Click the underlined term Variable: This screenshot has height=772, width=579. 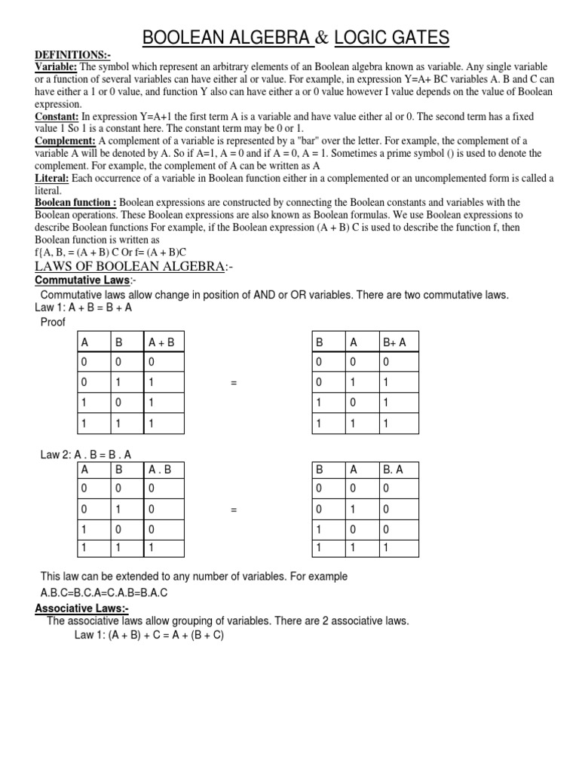pyautogui.click(x=57, y=68)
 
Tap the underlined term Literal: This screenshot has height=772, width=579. pyautogui.click(x=52, y=178)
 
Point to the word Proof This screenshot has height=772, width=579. pyautogui.click(x=53, y=323)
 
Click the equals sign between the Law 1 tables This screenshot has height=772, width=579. pyautogui.click(x=234, y=383)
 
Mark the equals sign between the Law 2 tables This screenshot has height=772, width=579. pyautogui.click(x=234, y=510)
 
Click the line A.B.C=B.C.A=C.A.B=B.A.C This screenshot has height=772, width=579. pyautogui.click(x=104, y=593)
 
